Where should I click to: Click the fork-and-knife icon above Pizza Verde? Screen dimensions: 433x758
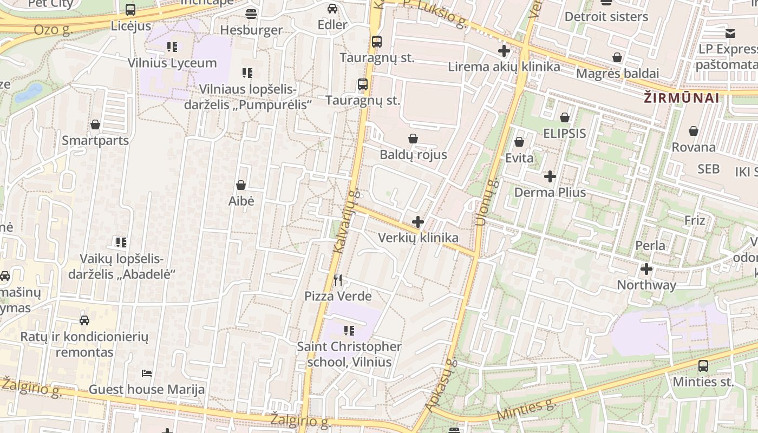tap(338, 280)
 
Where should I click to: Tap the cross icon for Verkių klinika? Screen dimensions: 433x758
tap(418, 221)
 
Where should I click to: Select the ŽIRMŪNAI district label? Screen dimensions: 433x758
tap(682, 98)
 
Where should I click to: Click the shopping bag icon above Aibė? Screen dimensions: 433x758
tap(241, 185)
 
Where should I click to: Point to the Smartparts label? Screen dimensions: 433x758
tap(95, 141)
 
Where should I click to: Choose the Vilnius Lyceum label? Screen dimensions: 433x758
tap(172, 63)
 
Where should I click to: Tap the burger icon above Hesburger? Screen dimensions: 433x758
tap(251, 14)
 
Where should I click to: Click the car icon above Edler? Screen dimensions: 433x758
tap(332, 9)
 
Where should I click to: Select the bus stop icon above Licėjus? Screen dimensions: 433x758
tap(130, 10)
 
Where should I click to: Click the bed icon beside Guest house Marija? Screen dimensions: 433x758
tap(146, 373)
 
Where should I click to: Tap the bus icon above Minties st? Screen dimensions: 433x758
tap(703, 365)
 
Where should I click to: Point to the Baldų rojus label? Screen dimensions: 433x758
tap(413, 155)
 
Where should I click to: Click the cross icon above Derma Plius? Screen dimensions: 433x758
tap(550, 176)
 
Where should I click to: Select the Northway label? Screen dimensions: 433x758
tap(646, 285)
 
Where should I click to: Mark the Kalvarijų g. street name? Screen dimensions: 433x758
tap(346, 222)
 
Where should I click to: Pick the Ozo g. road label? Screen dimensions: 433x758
tap(53, 29)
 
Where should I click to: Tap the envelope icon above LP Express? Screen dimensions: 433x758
tap(730, 33)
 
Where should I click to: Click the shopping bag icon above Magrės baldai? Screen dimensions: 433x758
tap(617, 57)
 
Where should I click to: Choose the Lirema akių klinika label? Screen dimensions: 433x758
tap(504, 67)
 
